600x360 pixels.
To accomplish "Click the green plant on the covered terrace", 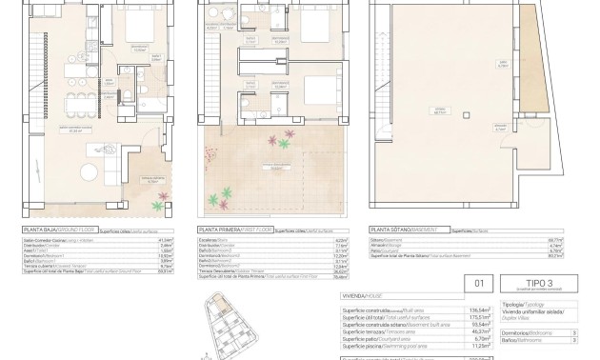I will pyautogui.click(x=165, y=197).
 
